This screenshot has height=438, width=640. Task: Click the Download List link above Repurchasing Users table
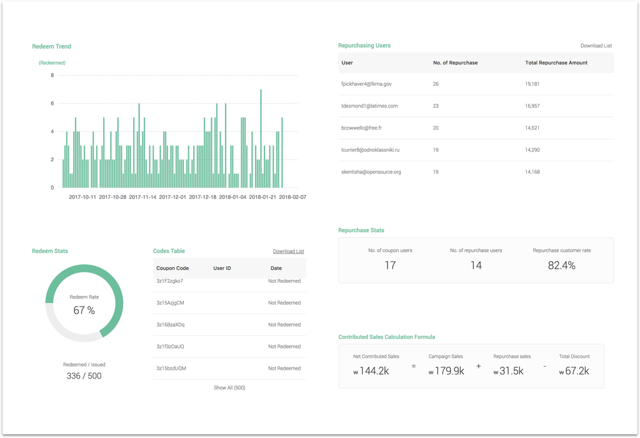[x=596, y=46]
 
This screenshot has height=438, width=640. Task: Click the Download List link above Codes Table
[x=288, y=252]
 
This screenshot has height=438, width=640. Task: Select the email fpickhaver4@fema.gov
[x=366, y=84]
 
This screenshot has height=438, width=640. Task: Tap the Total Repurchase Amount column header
[x=556, y=63]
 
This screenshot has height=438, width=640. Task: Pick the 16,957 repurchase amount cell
[x=532, y=106]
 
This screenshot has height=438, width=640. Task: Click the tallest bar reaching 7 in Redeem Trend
[x=261, y=138]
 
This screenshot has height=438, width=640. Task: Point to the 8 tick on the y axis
[x=52, y=76]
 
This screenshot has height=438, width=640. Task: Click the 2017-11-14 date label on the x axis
[x=142, y=197]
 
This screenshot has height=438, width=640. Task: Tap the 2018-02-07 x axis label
[x=292, y=197]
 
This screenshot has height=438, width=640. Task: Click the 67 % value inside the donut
[x=84, y=310]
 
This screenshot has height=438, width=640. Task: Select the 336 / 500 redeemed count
[x=84, y=376]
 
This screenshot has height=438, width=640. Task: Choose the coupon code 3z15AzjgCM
[x=170, y=303]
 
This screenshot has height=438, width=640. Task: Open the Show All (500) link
[x=229, y=388]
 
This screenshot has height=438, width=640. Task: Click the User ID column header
[x=222, y=268]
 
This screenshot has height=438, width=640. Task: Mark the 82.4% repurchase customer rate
[x=561, y=266]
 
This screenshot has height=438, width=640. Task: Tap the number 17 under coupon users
[x=390, y=266]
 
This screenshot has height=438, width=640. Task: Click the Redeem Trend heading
[x=51, y=46]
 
